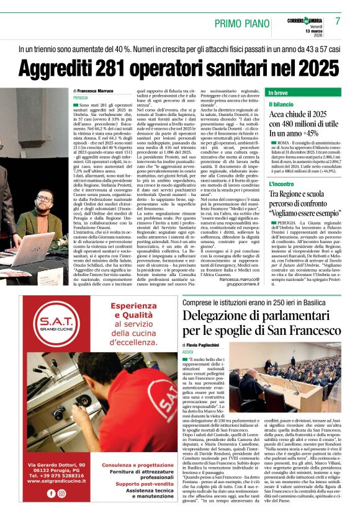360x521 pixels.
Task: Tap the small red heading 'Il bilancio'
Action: pyautogui.click(x=282, y=104)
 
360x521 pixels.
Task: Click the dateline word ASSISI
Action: pyautogui.click(x=189, y=351)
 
